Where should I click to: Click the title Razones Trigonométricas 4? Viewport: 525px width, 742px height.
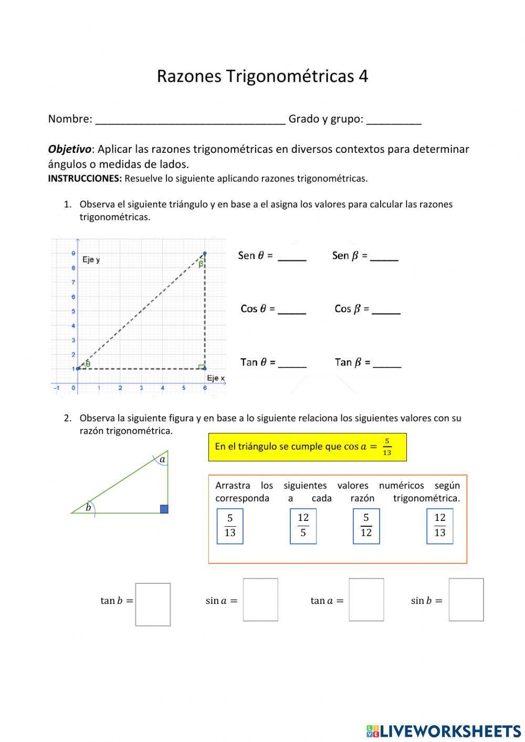(262, 77)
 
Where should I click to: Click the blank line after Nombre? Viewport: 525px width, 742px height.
(190, 121)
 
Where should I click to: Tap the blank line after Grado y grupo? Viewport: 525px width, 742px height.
(394, 121)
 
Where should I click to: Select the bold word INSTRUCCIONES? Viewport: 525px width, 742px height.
(85, 179)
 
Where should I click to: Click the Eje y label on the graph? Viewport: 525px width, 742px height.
(91, 260)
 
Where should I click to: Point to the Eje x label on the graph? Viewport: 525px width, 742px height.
(215, 378)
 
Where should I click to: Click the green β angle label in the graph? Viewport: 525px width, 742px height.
(201, 264)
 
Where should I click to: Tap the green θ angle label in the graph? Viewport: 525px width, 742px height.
(88, 363)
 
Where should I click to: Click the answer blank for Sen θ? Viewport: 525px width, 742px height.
(292, 258)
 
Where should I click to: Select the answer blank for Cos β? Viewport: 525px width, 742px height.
(386, 311)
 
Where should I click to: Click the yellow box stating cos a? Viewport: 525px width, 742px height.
(307, 447)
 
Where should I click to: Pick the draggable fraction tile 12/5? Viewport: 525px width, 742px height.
(303, 526)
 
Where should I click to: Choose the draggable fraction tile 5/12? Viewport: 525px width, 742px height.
(366, 526)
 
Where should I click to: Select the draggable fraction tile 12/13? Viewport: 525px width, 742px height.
(439, 526)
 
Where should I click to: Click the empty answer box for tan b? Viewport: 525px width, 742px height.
(153, 604)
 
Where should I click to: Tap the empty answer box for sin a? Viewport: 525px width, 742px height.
(260, 600)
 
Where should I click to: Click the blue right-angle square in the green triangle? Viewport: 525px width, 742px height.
(164, 509)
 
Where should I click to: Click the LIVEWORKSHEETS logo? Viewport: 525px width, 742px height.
(444, 730)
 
